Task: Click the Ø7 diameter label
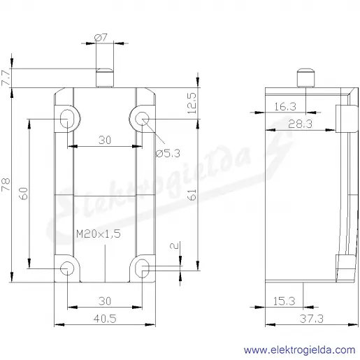click(101, 37)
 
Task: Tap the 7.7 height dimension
click(6, 77)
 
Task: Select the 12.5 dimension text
click(192, 103)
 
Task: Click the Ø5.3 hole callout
click(168, 153)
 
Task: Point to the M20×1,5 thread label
click(99, 233)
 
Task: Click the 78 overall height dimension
click(6, 185)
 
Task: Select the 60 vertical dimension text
click(24, 194)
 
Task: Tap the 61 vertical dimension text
click(192, 194)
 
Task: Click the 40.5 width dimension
click(105, 319)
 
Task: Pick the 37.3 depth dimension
click(312, 319)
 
